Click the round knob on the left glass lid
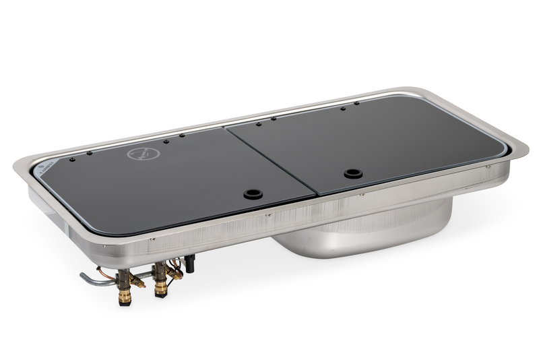click(253, 193)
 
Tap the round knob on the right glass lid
click(353, 173)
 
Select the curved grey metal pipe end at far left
click(84, 277)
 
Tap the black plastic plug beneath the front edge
click(190, 263)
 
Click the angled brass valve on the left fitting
click(137, 280)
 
